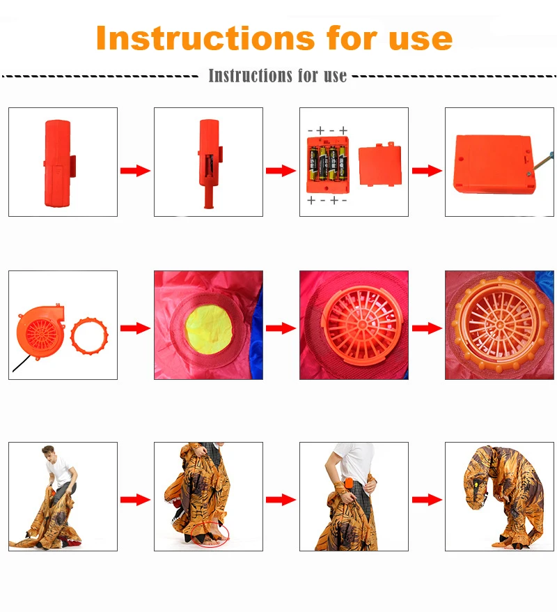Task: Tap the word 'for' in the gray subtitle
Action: click(x=308, y=75)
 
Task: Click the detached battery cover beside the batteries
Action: click(x=379, y=165)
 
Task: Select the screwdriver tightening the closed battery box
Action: click(x=542, y=162)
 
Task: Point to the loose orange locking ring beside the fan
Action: click(x=89, y=336)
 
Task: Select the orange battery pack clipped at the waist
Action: click(x=348, y=484)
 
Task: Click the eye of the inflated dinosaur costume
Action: click(x=476, y=484)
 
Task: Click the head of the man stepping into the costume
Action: click(x=48, y=453)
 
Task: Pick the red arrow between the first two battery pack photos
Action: click(x=135, y=171)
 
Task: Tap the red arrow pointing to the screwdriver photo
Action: click(x=427, y=171)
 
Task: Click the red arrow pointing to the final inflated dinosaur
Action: click(x=427, y=500)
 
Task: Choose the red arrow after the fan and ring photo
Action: click(x=135, y=328)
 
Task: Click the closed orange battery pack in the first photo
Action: click(x=58, y=163)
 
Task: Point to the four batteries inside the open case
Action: click(x=328, y=164)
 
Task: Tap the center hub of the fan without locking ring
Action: click(x=362, y=324)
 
